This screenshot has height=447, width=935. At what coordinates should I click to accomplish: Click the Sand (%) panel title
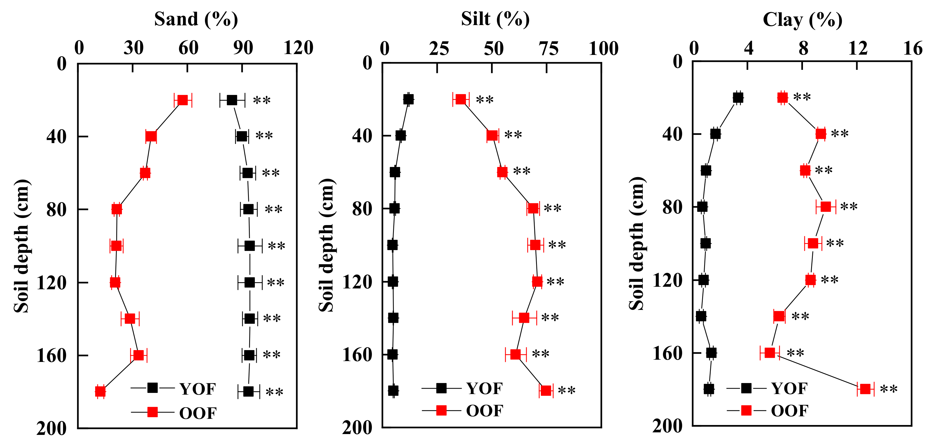[196, 20]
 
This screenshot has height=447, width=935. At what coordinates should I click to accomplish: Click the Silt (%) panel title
[495, 20]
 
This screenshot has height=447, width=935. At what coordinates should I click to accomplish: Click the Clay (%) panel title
[802, 20]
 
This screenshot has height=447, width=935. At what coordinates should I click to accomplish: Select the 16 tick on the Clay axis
[912, 48]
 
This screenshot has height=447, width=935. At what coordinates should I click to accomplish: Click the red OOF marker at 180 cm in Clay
[865, 389]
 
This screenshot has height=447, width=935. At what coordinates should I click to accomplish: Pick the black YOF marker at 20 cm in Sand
[232, 100]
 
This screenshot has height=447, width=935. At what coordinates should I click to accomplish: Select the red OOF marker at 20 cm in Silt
[461, 99]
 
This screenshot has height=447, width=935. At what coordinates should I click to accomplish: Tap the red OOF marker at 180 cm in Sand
[100, 392]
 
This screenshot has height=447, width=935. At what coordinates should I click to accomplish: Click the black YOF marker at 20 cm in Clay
[738, 98]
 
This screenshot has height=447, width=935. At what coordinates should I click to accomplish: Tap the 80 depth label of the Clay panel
[672, 207]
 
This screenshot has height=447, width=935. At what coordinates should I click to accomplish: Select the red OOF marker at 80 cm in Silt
[533, 208]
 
